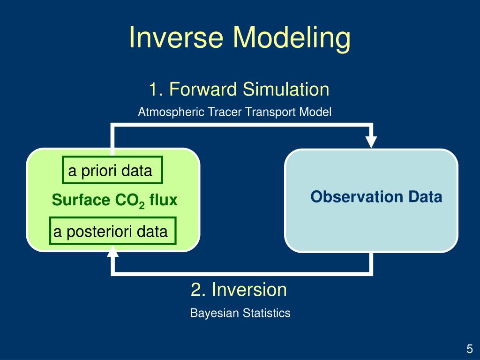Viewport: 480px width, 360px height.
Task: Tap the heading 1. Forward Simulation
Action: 239,89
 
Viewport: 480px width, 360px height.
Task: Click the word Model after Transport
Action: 315,112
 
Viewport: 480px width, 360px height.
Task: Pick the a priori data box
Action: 112,170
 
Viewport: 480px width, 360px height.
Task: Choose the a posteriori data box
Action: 112,231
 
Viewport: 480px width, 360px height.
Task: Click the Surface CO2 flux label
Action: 114,200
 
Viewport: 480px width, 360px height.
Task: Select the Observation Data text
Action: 376,196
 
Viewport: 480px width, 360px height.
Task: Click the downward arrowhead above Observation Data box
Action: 371,142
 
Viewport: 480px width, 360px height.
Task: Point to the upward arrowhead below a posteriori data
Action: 112,252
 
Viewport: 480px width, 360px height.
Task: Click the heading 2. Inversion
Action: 239,289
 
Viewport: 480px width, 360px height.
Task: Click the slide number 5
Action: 470,349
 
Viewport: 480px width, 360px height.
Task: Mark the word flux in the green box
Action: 164,200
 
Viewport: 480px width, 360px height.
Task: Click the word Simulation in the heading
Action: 286,89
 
